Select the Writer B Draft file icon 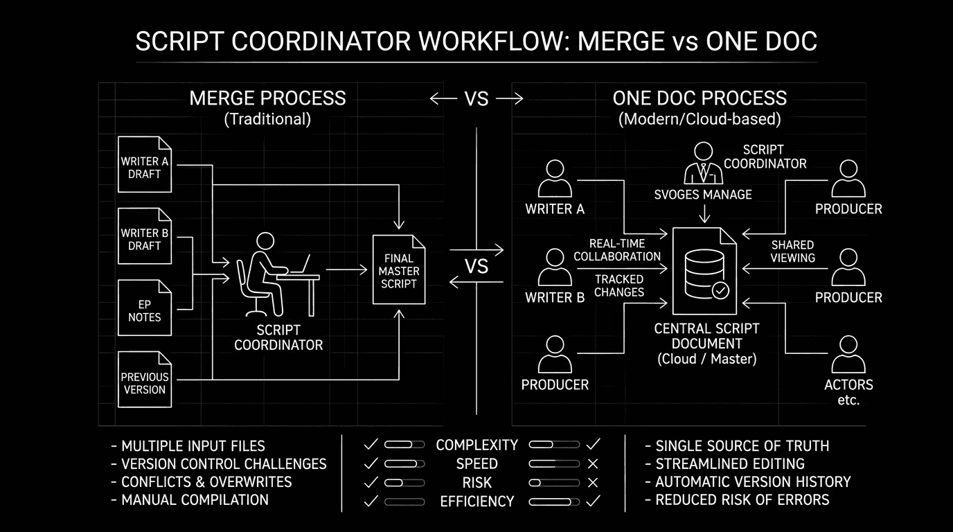pos(145,236)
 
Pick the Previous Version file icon pos(145,380)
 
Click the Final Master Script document pos(398,269)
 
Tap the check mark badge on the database pos(720,290)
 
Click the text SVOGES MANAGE pos(703,195)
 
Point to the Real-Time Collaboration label pos(617,250)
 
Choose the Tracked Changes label pos(619,285)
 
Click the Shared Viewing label pos(793,251)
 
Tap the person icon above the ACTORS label pos(848,355)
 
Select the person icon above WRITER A pos(555,179)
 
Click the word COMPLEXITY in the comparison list pos(476,445)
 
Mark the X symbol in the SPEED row pos(592,463)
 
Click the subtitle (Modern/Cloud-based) pos(700,119)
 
